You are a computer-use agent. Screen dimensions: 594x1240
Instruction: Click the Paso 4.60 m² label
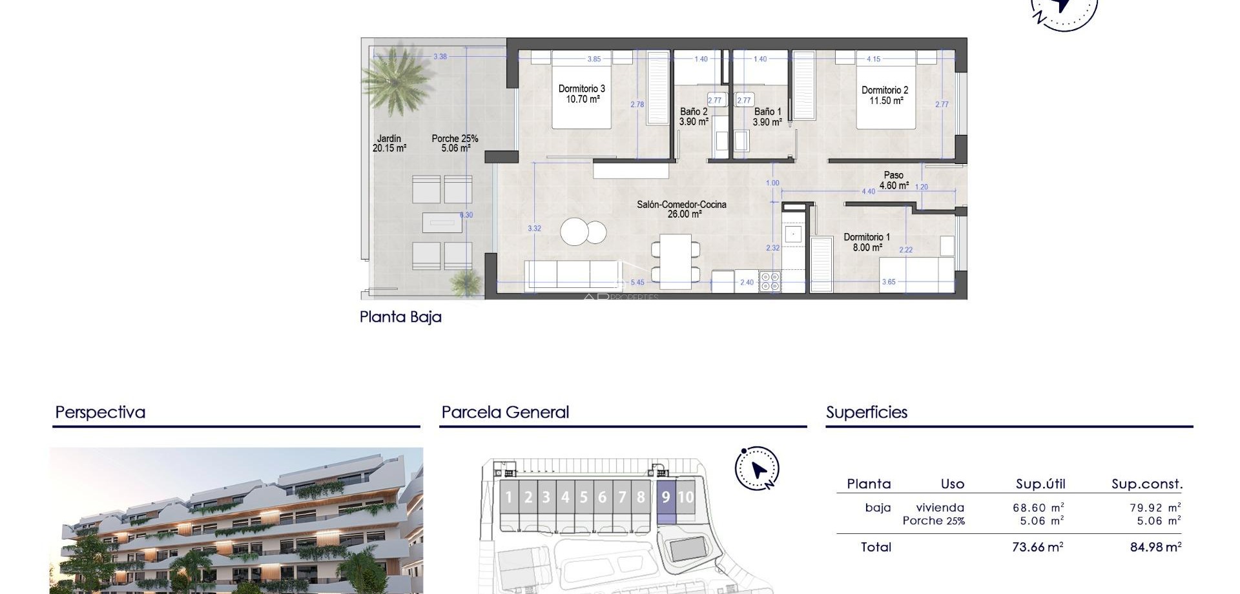894,180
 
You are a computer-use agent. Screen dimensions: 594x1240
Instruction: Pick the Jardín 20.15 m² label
389,143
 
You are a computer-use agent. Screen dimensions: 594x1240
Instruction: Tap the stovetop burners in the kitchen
770,282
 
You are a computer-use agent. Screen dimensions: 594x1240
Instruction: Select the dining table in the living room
675,259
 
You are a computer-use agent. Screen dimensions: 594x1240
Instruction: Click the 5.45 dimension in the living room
637,282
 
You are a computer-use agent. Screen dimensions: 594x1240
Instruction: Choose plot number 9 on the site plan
666,498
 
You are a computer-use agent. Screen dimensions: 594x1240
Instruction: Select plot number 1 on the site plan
509,498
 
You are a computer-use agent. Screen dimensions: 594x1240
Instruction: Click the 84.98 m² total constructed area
1155,547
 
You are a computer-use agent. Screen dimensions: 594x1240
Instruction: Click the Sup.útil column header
1040,484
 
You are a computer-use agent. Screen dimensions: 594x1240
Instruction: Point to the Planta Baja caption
400,317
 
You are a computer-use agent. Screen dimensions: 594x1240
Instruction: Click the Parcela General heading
505,413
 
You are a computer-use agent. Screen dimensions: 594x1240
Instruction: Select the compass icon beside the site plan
756,469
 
